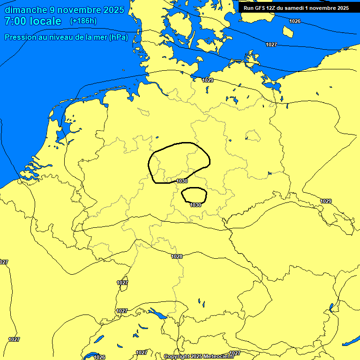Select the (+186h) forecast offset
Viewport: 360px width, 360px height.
pyautogui.click(x=83, y=21)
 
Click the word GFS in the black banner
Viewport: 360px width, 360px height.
pyautogui.click(x=262, y=8)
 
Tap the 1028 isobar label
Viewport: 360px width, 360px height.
pyautogui.click(x=177, y=256)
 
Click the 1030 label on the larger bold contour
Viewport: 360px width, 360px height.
pyautogui.click(x=182, y=181)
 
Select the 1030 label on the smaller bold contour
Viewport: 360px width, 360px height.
pyautogui.click(x=195, y=205)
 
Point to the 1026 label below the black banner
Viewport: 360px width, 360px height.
pyautogui.click(x=295, y=21)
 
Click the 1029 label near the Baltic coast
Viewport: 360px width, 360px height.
pyautogui.click(x=208, y=80)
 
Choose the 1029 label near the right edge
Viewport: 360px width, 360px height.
pyautogui.click(x=326, y=201)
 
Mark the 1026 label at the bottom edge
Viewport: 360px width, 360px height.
pyautogui.click(x=99, y=357)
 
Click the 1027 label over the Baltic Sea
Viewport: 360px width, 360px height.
pyautogui.click(x=271, y=45)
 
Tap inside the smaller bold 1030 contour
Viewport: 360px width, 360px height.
pyautogui.click(x=194, y=194)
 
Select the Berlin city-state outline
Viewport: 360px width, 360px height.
pyautogui.click(x=253, y=136)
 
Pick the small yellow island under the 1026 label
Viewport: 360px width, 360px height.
pyautogui.click(x=288, y=31)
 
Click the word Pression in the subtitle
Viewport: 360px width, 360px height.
pyautogui.click(x=20, y=37)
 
